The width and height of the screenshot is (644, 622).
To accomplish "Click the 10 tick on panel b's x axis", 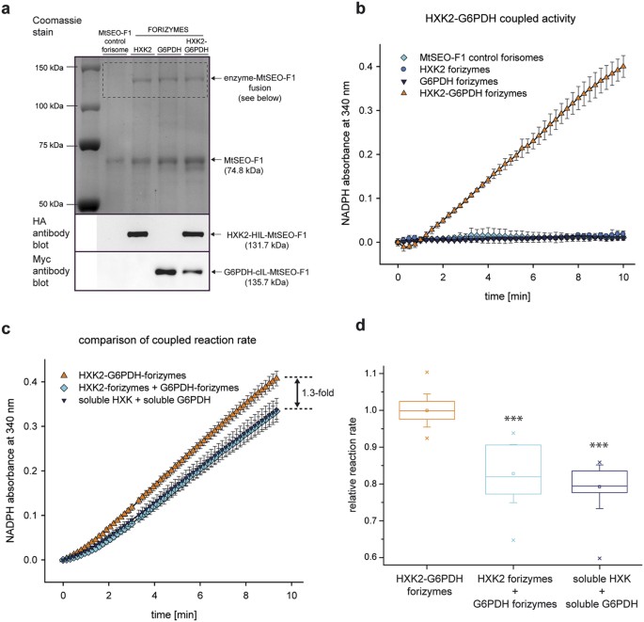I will (x=622, y=261).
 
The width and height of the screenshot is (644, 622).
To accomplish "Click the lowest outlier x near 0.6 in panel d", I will (x=598, y=558).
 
